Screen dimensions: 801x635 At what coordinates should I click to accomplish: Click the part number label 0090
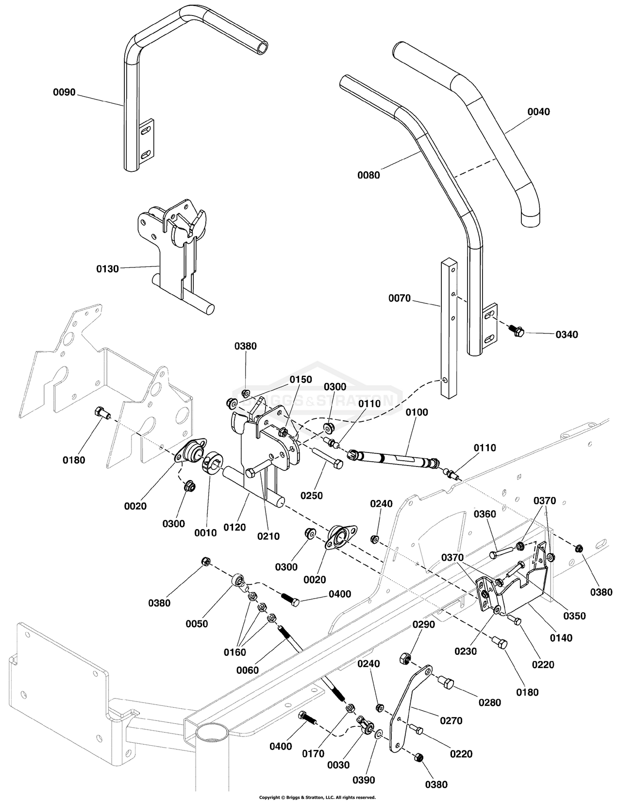(x=64, y=92)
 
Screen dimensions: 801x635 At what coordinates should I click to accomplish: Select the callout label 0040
(x=538, y=112)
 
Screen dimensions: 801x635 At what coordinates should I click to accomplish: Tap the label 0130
(x=107, y=268)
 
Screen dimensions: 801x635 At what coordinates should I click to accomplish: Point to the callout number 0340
(x=567, y=334)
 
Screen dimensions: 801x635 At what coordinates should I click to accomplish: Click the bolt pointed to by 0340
(x=516, y=330)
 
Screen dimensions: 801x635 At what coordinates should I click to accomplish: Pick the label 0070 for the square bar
(x=400, y=299)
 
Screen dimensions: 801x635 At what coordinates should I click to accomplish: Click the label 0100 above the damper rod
(x=417, y=412)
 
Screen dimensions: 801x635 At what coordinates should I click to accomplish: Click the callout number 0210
(x=268, y=536)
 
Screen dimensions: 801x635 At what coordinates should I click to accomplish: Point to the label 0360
(x=485, y=514)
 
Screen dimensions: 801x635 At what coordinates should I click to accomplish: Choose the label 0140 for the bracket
(x=561, y=638)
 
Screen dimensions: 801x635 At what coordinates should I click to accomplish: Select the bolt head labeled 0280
(x=447, y=684)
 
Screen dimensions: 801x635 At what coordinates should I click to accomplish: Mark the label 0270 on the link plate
(x=451, y=721)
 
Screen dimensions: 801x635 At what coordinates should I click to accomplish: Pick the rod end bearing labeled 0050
(x=238, y=580)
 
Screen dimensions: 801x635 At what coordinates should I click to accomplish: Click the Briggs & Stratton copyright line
(x=317, y=797)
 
